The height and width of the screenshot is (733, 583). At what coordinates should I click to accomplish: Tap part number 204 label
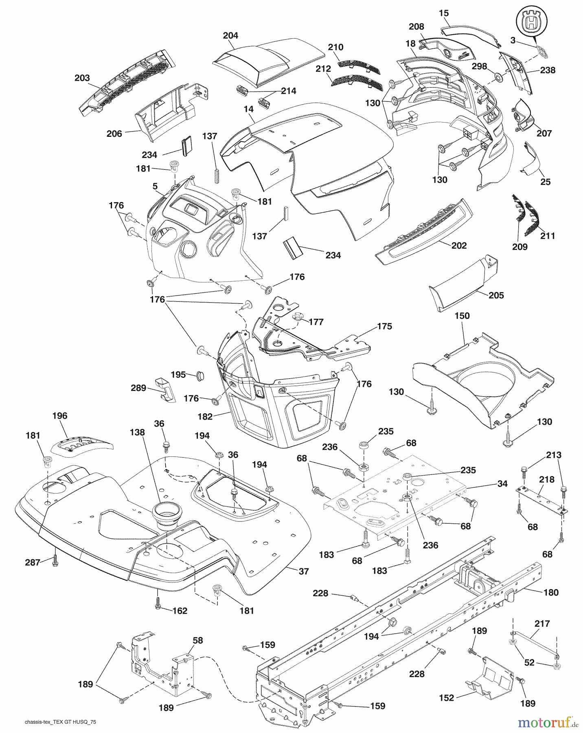pyautogui.click(x=230, y=35)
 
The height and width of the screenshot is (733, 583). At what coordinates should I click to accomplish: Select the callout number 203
pyautogui.click(x=82, y=78)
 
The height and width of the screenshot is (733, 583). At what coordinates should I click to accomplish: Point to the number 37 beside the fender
pyautogui.click(x=303, y=571)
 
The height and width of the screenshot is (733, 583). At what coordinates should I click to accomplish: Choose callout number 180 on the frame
pyautogui.click(x=551, y=593)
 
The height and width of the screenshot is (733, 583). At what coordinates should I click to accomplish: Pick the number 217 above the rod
pyautogui.click(x=542, y=623)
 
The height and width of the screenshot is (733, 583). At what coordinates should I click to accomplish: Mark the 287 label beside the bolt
pyautogui.click(x=33, y=562)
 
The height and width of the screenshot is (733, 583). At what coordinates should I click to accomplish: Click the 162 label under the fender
pyautogui.click(x=180, y=611)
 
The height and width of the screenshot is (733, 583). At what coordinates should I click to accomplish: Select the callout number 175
pyautogui.click(x=384, y=326)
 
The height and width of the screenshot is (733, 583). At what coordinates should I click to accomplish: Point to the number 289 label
pyautogui.click(x=138, y=388)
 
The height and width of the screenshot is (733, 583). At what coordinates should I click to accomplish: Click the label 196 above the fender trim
pyautogui.click(x=60, y=416)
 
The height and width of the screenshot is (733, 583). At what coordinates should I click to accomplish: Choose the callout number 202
pyautogui.click(x=459, y=246)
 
